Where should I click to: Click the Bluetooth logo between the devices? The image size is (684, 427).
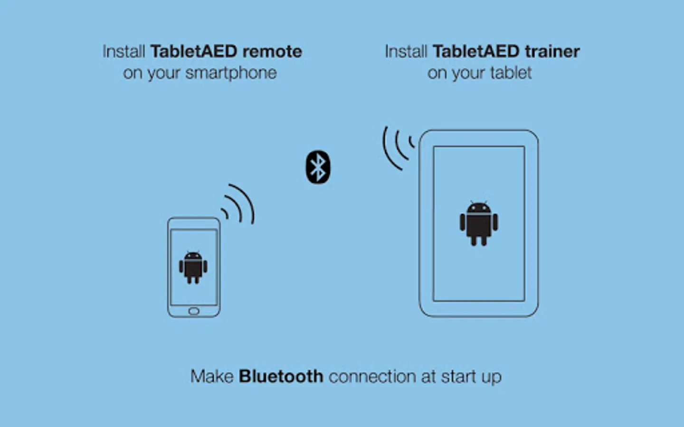318,167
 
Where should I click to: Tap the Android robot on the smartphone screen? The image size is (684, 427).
193,268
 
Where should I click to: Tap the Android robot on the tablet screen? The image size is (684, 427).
479,223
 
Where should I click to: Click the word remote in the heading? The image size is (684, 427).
272,51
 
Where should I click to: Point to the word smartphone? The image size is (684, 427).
231,73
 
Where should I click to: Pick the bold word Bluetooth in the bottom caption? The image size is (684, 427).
281,376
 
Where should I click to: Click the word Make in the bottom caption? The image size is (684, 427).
212,376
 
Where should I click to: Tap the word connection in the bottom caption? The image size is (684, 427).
372,377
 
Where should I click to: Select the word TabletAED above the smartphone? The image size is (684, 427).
194,51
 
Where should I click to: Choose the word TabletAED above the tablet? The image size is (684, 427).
476,51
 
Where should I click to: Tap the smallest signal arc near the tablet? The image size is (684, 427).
410,142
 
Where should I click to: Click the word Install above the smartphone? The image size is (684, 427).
123,51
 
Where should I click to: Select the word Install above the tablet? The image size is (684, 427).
406,51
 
